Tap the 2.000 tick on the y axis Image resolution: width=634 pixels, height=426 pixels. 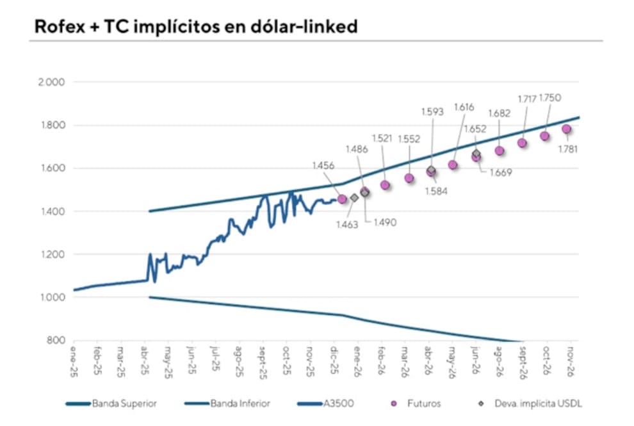pyautogui.click(x=52, y=83)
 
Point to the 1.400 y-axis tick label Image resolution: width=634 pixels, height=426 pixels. pyautogui.click(x=52, y=211)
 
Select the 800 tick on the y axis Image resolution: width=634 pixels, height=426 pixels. pyautogui.click(x=56, y=340)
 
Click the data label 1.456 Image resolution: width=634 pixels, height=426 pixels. pyautogui.click(x=323, y=165)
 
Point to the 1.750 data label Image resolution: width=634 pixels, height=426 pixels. pyautogui.click(x=549, y=97)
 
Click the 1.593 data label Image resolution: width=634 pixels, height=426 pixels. pyautogui.click(x=433, y=111)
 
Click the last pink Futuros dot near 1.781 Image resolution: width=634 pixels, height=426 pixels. pyautogui.click(x=567, y=129)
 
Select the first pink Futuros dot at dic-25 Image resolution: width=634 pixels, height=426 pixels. pyautogui.click(x=342, y=199)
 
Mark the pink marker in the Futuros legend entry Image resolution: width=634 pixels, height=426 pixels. pyautogui.click(x=395, y=404)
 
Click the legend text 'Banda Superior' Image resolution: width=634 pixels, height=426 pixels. pyautogui.click(x=124, y=404)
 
